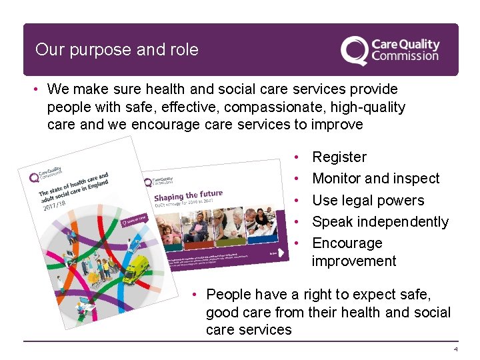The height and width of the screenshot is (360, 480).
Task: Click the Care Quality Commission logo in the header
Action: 389,51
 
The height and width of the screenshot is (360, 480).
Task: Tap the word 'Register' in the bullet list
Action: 339,157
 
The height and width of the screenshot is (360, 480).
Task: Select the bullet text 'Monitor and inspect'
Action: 376,179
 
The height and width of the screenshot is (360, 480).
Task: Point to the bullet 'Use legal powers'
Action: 368,200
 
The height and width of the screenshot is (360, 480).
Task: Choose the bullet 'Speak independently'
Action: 380,221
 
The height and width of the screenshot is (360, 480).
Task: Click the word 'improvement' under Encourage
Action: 353,261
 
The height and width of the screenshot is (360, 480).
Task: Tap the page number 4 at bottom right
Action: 456,349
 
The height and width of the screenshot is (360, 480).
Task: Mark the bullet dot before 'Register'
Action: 295,157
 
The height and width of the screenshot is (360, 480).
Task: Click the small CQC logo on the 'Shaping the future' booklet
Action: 158,181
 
